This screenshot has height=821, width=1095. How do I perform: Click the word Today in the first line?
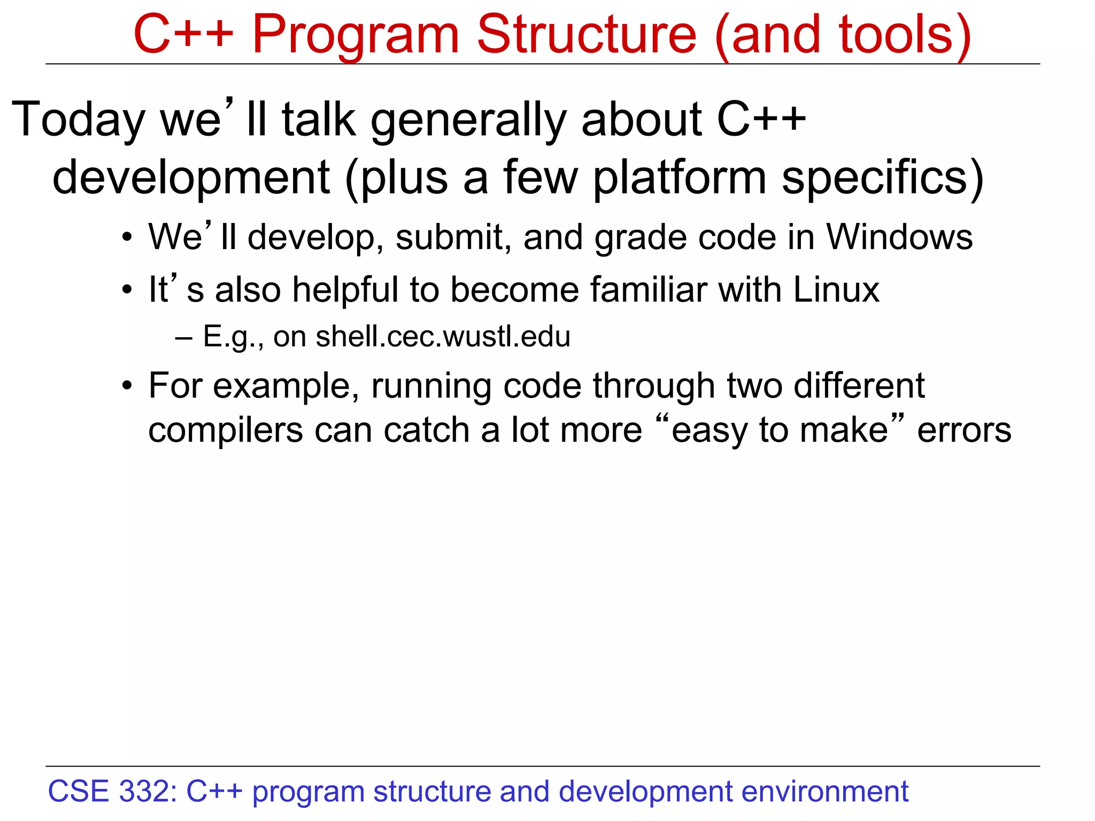click(78, 120)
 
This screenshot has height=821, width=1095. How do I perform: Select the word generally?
click(468, 120)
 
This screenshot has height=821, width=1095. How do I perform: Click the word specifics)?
click(882, 177)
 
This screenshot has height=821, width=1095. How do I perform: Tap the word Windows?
click(899, 237)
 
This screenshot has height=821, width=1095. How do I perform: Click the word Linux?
click(836, 290)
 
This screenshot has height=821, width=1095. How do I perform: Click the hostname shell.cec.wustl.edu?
click(443, 337)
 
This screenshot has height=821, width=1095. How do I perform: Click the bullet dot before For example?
click(127, 385)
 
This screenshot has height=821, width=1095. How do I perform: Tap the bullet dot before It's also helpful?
click(127, 291)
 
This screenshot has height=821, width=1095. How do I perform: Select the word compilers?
click(225, 430)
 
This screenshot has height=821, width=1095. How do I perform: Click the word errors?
click(964, 430)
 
